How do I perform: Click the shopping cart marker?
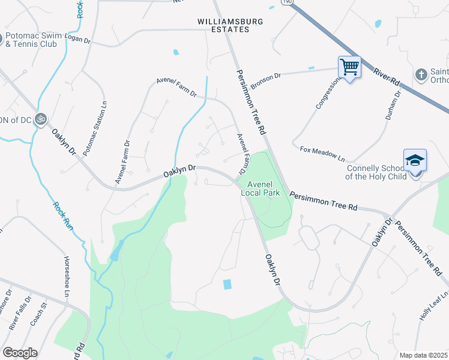tap(349, 67)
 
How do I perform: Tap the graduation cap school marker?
tap(415, 160)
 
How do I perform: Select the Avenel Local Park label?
tap(260, 188)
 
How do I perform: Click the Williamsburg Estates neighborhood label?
tap(231, 25)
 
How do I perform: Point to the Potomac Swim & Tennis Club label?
tap(40, 40)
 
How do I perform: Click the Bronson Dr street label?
tap(266, 80)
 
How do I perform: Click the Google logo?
tap(20, 353)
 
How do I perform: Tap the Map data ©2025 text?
tap(424, 355)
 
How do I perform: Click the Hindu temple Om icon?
tap(41, 119)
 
